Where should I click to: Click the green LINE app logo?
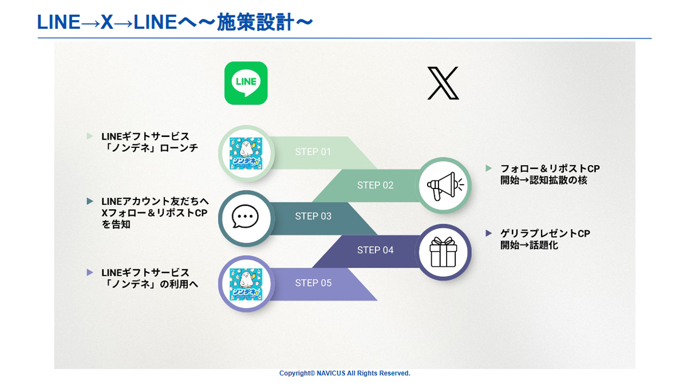click(246, 83)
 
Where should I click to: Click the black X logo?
click(443, 83)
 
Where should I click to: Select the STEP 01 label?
click(313, 152)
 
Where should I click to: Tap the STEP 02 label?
click(375, 185)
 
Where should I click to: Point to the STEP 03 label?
click(313, 216)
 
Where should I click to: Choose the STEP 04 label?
click(375, 250)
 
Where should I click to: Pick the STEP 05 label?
click(313, 283)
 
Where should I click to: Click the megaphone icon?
click(443, 186)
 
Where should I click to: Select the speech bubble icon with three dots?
click(245, 217)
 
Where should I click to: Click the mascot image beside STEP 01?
click(246, 153)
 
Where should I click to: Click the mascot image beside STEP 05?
click(246, 284)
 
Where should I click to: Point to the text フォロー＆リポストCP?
click(550, 168)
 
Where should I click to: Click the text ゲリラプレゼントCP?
click(545, 233)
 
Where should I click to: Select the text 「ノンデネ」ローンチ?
click(150, 148)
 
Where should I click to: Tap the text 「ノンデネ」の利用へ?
click(150, 284)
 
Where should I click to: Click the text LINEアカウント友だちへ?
click(155, 201)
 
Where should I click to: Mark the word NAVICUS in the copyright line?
click(331, 373)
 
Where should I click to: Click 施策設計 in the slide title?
click(255, 22)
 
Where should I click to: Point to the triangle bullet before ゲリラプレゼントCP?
click(489, 233)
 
